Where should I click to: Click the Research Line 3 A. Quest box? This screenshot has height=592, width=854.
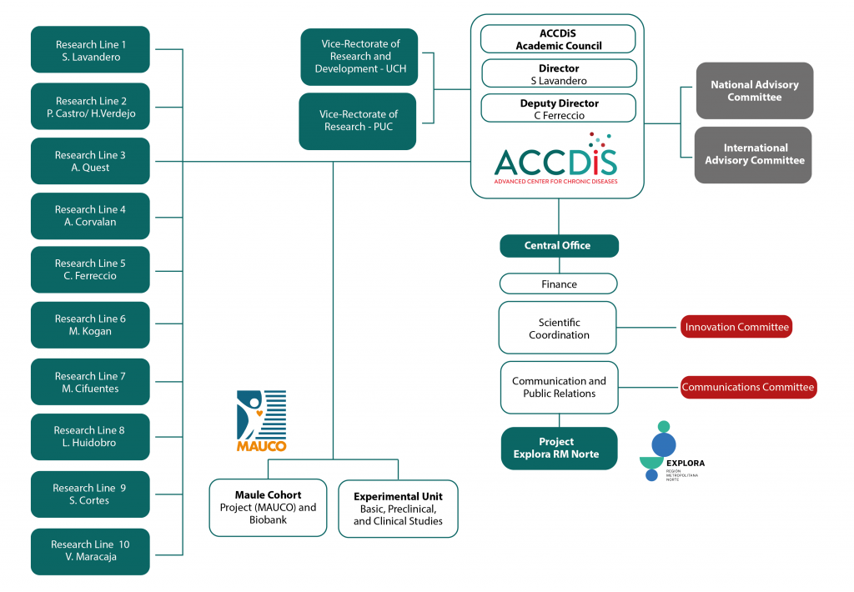click(90, 161)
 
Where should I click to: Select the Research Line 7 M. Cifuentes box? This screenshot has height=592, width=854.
click(90, 382)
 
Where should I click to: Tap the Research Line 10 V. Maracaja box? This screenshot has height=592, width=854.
click(90, 552)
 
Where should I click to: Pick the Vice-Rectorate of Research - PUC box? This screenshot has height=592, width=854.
click(358, 121)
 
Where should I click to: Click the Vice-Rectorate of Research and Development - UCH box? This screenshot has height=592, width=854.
click(359, 57)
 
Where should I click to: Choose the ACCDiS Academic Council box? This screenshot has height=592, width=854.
click(558, 39)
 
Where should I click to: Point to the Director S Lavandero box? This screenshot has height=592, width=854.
click(559, 74)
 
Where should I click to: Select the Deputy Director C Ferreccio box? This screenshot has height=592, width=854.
click(559, 108)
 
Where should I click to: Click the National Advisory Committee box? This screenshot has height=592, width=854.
click(754, 90)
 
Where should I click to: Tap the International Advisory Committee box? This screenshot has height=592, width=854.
click(753, 155)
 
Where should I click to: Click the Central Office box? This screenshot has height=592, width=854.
click(560, 246)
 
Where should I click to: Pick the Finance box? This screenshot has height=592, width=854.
click(559, 283)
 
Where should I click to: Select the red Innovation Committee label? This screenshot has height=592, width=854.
click(736, 327)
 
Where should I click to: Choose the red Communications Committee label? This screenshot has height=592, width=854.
click(748, 387)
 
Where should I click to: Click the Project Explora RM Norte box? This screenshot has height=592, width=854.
click(560, 449)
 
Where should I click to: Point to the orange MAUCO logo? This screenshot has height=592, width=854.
click(261, 421)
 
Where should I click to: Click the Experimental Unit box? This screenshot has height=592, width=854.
click(398, 509)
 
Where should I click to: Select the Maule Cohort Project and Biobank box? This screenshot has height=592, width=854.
click(268, 508)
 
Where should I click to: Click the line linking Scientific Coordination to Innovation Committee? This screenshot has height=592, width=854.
click(648, 328)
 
